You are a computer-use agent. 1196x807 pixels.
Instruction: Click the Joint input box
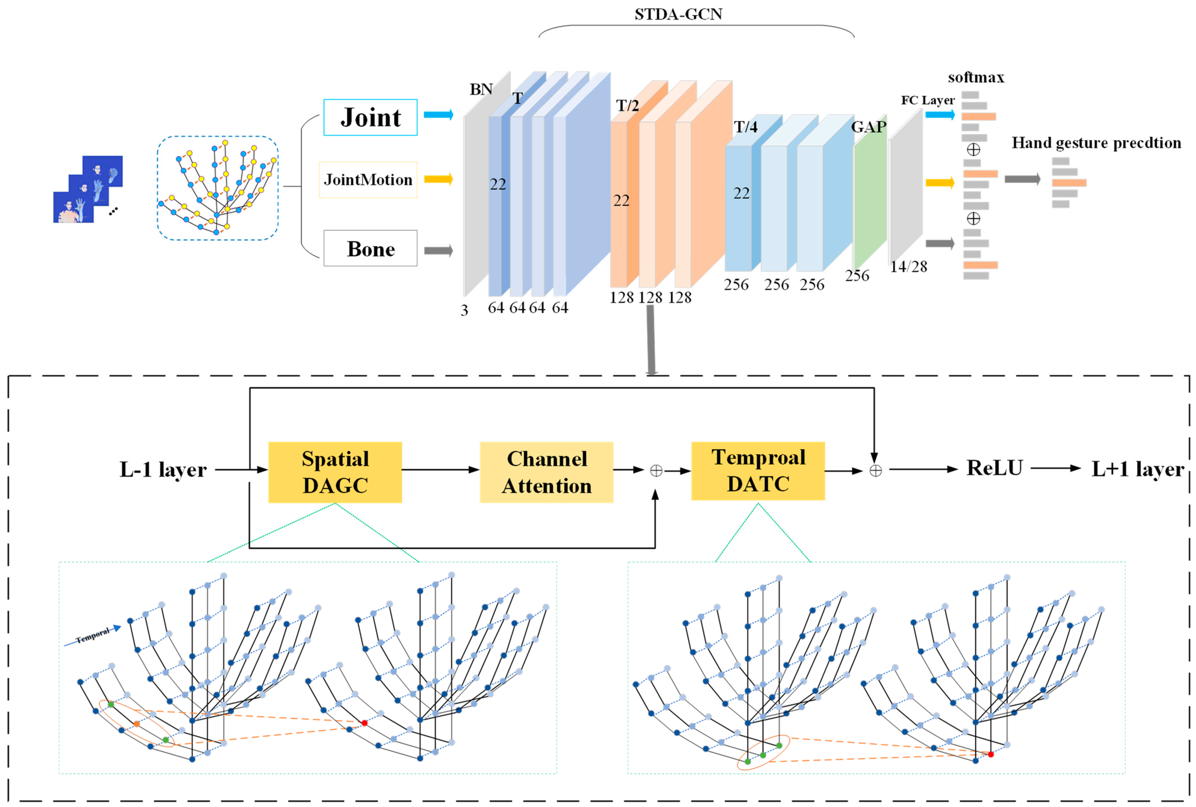point(370,117)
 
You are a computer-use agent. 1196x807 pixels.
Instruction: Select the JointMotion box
point(368,180)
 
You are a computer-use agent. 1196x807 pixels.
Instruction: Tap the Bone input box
point(370,249)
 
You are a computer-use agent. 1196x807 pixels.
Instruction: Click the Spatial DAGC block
point(335,472)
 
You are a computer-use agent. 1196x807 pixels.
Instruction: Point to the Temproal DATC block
point(758,471)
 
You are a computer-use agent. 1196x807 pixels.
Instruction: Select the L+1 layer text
point(1137,469)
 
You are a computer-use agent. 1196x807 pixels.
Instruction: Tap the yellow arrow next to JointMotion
point(438,179)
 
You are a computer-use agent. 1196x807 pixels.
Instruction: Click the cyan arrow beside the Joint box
point(438,114)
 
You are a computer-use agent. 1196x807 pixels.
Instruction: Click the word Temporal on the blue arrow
point(93,636)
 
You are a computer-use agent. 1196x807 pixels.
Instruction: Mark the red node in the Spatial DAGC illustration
point(364,723)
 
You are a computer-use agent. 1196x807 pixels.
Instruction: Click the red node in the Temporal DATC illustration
point(990,754)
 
